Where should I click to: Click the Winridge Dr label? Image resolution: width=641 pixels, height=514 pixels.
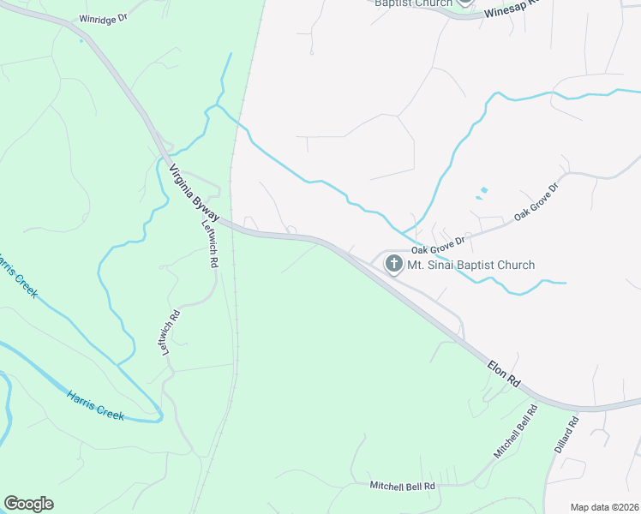tap(103, 18)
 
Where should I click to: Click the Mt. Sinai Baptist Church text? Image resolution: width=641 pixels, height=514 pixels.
tap(470, 265)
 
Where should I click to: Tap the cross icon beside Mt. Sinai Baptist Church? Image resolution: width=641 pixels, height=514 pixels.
tap(394, 264)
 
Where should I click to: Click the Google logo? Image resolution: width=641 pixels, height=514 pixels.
tap(28, 504)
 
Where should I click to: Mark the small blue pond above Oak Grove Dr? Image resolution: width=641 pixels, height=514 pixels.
tap(484, 189)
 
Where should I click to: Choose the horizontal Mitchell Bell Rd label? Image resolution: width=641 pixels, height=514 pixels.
tap(403, 486)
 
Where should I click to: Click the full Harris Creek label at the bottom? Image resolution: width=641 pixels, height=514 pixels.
tap(95, 404)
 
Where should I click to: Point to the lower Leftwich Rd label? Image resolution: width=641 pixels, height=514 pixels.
tap(171, 332)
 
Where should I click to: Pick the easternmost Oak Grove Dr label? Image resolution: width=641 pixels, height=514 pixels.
tap(536, 202)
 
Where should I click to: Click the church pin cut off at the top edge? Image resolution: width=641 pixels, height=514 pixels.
tap(464, 3)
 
